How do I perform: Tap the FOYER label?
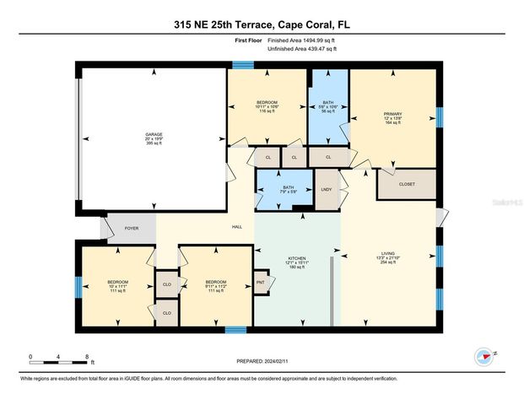(132, 227)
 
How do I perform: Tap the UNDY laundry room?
(327, 189)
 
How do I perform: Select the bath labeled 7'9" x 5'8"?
(287, 189)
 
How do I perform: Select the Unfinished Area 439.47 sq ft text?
(301, 50)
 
